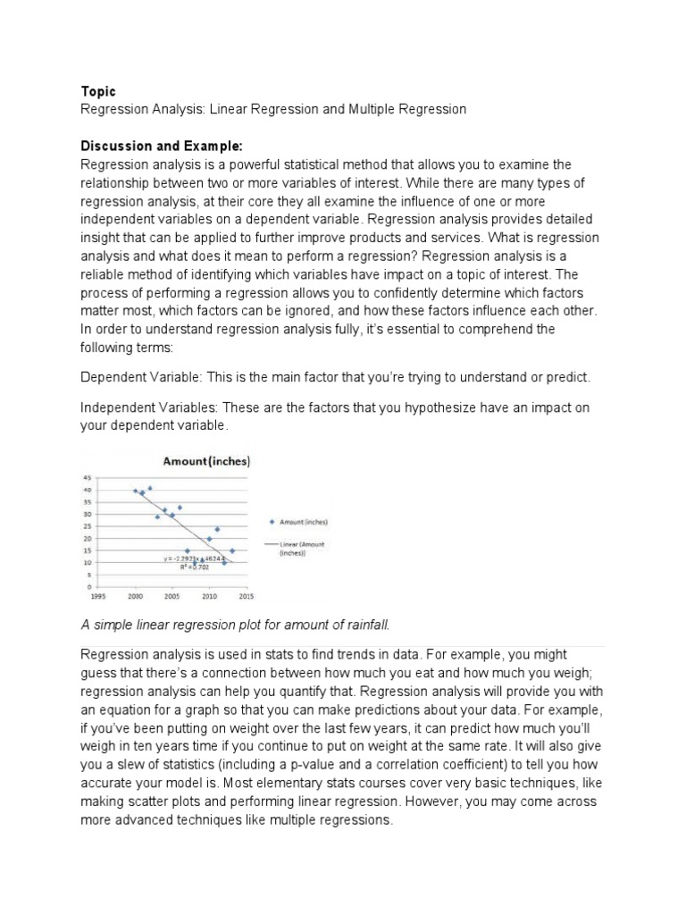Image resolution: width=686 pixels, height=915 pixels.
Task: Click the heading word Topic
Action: (98, 91)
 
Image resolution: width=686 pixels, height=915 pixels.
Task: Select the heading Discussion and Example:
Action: (162, 147)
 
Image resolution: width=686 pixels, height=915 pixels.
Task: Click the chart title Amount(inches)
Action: (205, 461)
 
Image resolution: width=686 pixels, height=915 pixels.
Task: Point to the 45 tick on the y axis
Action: (87, 478)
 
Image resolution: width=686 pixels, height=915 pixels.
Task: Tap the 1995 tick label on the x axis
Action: (98, 595)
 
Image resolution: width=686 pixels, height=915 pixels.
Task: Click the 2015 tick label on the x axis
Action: (247, 595)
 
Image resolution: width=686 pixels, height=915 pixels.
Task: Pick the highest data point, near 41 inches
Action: (150, 488)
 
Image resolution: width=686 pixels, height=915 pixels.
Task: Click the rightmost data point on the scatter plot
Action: (232, 550)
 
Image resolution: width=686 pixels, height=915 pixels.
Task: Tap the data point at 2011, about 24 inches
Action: (217, 529)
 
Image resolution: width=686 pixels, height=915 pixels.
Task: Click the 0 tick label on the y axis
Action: (88, 586)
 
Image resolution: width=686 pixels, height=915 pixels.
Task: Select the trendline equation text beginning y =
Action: (189, 559)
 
